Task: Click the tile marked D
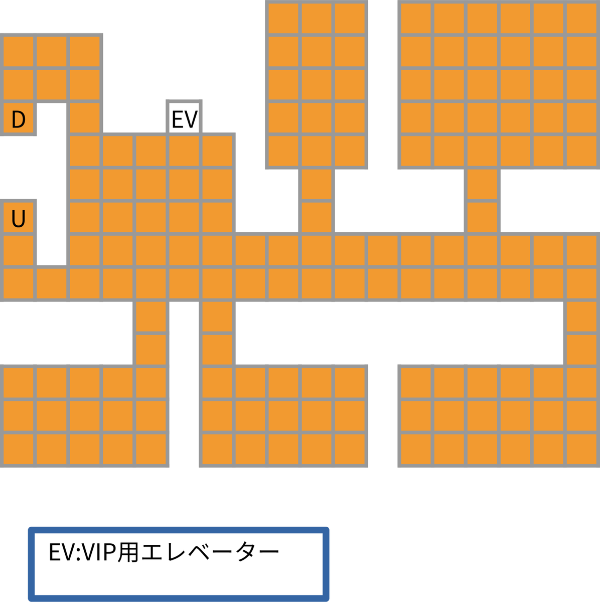click(x=18, y=118)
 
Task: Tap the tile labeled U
click(x=18, y=218)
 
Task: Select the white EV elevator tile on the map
click(x=184, y=118)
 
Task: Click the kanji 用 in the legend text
click(x=127, y=552)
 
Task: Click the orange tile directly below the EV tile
click(x=184, y=151)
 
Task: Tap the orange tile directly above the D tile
click(x=18, y=84)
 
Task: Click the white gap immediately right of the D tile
click(x=51, y=118)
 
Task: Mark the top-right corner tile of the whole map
click(x=582, y=18)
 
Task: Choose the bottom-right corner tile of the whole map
click(x=582, y=449)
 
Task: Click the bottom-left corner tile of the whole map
click(x=18, y=449)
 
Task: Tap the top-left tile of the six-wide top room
click(x=415, y=18)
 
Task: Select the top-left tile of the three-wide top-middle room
click(x=283, y=18)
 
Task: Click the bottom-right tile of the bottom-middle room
click(x=350, y=449)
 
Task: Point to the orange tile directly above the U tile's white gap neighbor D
click(x=18, y=84)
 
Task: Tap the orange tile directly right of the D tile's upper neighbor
click(x=51, y=84)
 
